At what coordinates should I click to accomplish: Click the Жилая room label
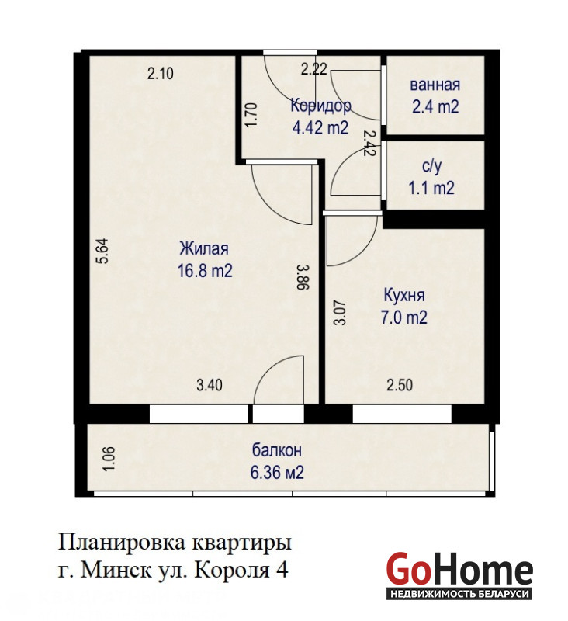[204, 248]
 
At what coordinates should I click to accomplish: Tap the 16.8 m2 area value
[205, 271]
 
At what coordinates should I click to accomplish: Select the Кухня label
[404, 296]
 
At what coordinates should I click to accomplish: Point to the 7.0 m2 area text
[403, 317]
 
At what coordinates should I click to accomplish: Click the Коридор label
[320, 106]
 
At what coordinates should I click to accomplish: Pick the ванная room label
[435, 85]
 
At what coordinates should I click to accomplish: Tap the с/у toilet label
[431, 166]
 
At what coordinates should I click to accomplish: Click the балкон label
[277, 450]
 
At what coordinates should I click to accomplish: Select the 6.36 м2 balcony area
[277, 473]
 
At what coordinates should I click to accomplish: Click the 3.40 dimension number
[210, 385]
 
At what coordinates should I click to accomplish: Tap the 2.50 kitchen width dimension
[400, 385]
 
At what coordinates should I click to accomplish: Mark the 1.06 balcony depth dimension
[109, 459]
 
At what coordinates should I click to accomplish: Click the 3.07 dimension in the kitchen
[340, 313]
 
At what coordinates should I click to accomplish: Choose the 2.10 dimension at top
[161, 74]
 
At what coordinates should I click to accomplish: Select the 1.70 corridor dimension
[251, 114]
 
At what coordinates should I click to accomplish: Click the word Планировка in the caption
[123, 543]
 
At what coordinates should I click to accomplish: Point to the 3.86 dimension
[303, 278]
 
